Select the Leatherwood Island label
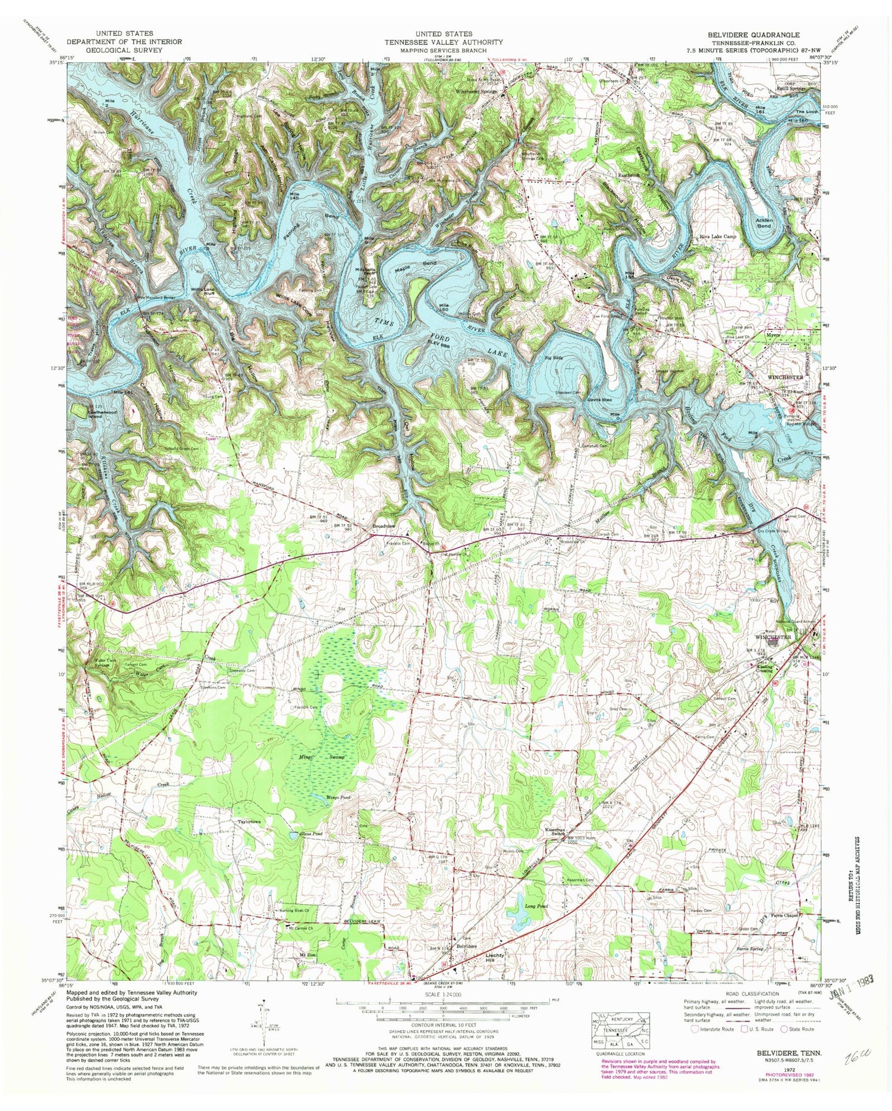[x=91, y=413]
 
